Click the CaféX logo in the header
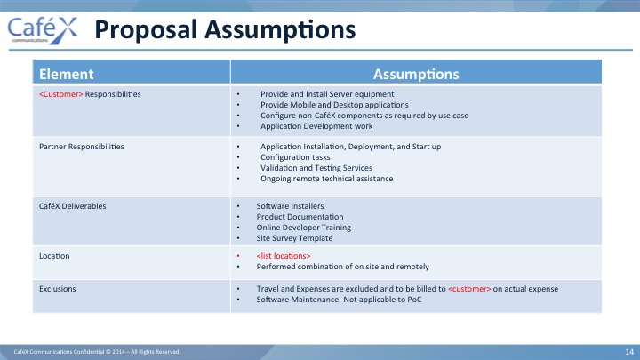[43, 30]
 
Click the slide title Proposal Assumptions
[225, 30]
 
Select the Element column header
[66, 74]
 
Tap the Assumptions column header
[416, 74]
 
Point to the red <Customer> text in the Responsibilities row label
[60, 94]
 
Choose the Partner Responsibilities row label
[82, 147]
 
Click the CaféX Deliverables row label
[73, 206]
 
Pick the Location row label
[54, 256]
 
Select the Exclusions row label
[58, 289]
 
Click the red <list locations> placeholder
[284, 256]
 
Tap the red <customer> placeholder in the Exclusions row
[469, 289]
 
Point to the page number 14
[629, 352]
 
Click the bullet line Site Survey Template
[294, 238]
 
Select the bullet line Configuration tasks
[295, 157]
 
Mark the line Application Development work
[316, 126]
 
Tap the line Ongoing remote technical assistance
[326, 179]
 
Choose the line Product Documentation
[300, 217]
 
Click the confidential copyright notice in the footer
[97, 352]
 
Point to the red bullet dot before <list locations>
[238, 256]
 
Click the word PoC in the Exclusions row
[414, 300]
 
